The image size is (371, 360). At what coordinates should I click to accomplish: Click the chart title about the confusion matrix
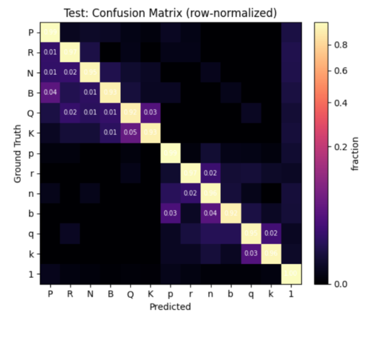(x=170, y=13)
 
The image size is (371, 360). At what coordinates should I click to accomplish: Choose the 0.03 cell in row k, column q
(x=251, y=254)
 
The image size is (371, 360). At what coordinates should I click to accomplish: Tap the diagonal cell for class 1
(x=291, y=275)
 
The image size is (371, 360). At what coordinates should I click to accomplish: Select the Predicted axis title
(x=170, y=307)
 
